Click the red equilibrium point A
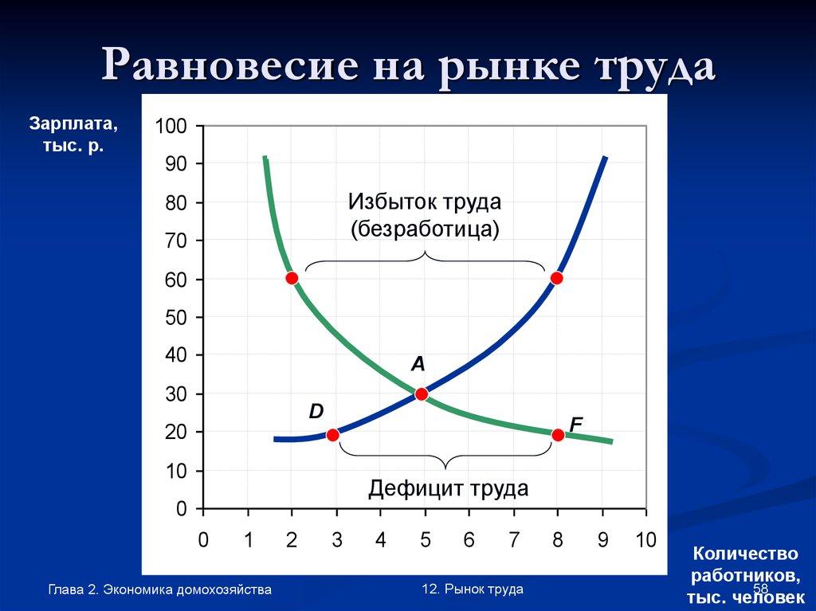(x=422, y=394)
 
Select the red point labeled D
(x=333, y=435)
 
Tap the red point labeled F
(x=558, y=435)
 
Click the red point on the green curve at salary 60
(x=292, y=278)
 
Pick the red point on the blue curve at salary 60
(x=556, y=278)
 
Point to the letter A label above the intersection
(x=418, y=365)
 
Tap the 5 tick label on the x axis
(x=425, y=541)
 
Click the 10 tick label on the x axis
(x=645, y=541)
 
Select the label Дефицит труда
(x=448, y=488)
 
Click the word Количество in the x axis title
(x=745, y=553)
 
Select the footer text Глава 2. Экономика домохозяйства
(x=159, y=589)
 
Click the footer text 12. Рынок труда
(x=473, y=589)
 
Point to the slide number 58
(x=760, y=588)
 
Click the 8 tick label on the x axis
(x=557, y=541)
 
